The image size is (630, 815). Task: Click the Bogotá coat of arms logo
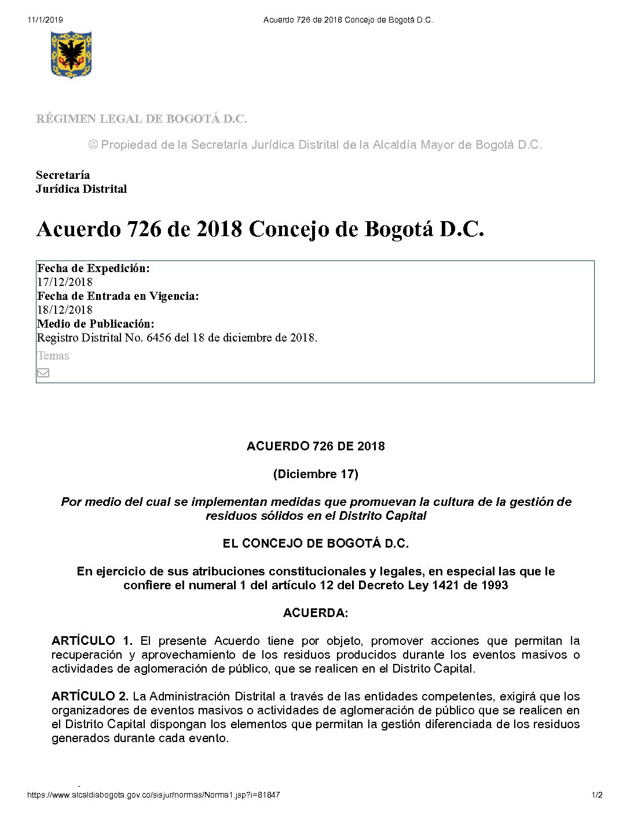71,54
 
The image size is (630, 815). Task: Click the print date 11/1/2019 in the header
45,20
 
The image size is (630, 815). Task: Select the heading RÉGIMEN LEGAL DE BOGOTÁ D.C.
141,119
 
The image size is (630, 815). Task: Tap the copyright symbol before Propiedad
93,145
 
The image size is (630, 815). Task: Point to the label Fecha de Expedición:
93,268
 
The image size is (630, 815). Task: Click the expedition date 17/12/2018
64,282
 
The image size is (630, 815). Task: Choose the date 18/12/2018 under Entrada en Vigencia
64,310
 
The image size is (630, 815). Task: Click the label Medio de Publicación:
96,324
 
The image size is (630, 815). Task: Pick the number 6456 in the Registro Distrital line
159,337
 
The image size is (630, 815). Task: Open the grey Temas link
53,355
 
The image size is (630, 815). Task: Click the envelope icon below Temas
43,373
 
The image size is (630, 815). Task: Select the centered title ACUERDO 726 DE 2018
316,446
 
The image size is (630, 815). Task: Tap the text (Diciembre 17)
316,474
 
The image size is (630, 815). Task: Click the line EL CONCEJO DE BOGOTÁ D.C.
316,544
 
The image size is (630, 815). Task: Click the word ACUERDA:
316,613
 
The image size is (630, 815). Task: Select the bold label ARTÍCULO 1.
91,641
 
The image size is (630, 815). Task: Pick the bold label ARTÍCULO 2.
90,696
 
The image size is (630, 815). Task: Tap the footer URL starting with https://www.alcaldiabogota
153,795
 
